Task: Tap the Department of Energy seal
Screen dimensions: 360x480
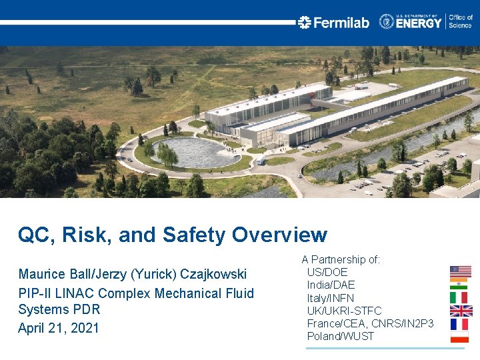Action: pos(387,21)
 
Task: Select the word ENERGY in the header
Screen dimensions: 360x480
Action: pos(419,23)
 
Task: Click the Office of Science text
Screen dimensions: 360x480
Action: pos(461,21)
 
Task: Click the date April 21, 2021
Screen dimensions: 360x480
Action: pos(59,328)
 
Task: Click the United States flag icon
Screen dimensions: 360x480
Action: pos(460,271)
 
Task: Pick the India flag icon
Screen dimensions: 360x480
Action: pos(459,284)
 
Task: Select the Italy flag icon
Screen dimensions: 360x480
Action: pos(459,297)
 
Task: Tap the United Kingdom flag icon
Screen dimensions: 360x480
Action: pos(461,311)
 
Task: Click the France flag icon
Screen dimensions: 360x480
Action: pos(459,324)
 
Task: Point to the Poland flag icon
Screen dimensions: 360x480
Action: pos(459,337)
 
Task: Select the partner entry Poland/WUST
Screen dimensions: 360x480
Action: pos(340,336)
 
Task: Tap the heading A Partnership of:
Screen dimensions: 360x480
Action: pos(341,259)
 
